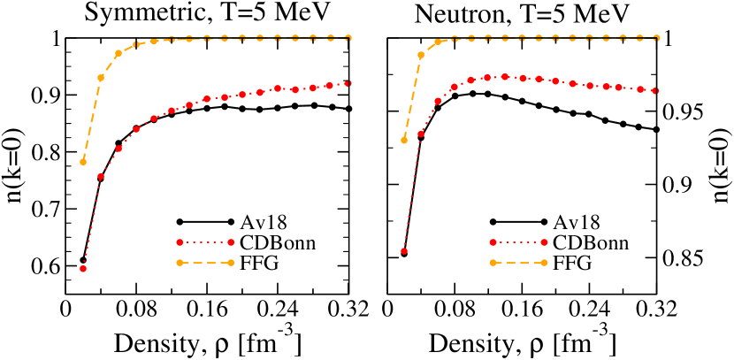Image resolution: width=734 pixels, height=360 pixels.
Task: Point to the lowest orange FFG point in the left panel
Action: pos(83,162)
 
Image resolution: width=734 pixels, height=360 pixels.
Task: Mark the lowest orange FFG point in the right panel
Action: pos(404,140)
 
